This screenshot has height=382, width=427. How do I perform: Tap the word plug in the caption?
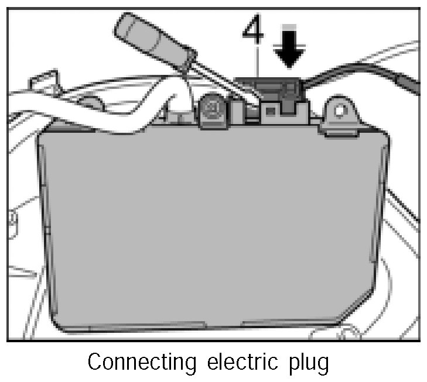(x=308, y=363)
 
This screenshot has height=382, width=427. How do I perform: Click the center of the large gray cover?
(x=214, y=228)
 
